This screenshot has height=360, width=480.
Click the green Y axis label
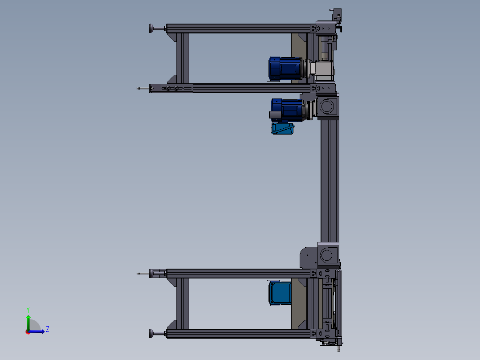[28, 310]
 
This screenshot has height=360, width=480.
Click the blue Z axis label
[48, 329]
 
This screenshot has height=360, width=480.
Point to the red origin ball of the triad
[28, 332]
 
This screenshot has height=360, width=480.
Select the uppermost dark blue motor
[285, 69]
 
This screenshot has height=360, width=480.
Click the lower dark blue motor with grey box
[287, 110]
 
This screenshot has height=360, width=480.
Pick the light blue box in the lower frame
[280, 293]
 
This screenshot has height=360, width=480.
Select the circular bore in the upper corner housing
[327, 106]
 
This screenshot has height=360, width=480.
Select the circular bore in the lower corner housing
[327, 255]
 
